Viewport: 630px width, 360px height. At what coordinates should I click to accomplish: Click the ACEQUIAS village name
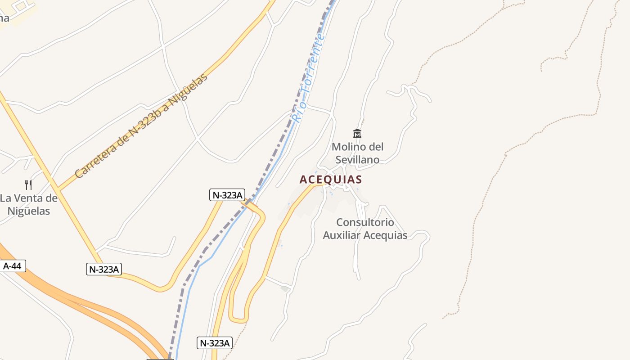(331, 180)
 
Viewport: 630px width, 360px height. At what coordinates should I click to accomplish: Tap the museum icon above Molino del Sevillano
(357, 133)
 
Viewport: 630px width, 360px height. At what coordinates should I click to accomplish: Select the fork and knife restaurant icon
(28, 184)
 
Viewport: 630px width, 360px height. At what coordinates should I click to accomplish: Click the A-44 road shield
(12, 266)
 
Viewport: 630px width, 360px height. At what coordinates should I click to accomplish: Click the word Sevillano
(357, 160)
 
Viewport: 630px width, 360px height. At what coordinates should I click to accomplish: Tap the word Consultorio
(365, 222)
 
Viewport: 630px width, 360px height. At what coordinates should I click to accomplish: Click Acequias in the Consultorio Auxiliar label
(385, 235)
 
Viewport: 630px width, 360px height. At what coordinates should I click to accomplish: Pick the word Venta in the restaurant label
(30, 198)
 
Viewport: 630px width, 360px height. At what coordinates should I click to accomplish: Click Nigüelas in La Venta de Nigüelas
(29, 211)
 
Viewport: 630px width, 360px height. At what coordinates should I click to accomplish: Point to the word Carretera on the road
(96, 156)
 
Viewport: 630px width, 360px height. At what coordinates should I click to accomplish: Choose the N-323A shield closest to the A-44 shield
(104, 269)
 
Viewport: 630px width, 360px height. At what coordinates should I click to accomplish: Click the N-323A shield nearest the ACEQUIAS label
(227, 195)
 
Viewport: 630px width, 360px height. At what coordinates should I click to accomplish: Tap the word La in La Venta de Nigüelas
(5, 198)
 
